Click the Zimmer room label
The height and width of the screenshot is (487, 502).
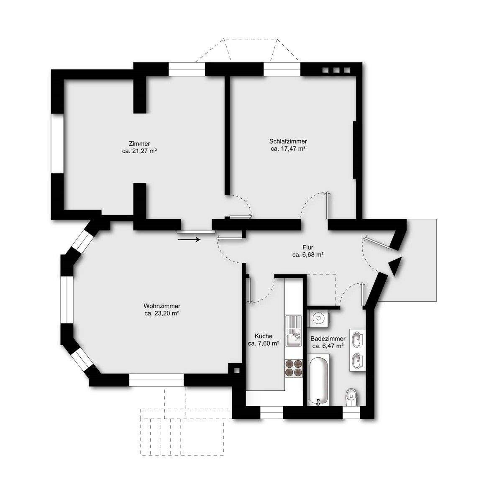click(140, 144)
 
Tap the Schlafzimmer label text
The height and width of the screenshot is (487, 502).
click(288, 141)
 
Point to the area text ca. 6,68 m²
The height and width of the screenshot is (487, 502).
click(309, 254)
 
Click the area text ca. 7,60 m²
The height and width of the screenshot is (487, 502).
click(264, 343)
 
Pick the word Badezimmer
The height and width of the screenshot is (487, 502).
click(328, 338)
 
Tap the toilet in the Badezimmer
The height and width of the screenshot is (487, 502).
click(351, 397)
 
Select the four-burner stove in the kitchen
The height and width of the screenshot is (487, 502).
click(293, 368)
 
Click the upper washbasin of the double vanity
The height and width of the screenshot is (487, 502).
click(358, 338)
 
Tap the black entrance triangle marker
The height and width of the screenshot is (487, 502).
click(395, 266)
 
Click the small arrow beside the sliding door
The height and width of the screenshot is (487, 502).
click(189, 239)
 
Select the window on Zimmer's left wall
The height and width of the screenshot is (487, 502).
click(56, 144)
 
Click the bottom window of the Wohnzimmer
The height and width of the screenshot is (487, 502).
click(156, 380)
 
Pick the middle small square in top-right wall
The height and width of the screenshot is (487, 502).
click(336, 70)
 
